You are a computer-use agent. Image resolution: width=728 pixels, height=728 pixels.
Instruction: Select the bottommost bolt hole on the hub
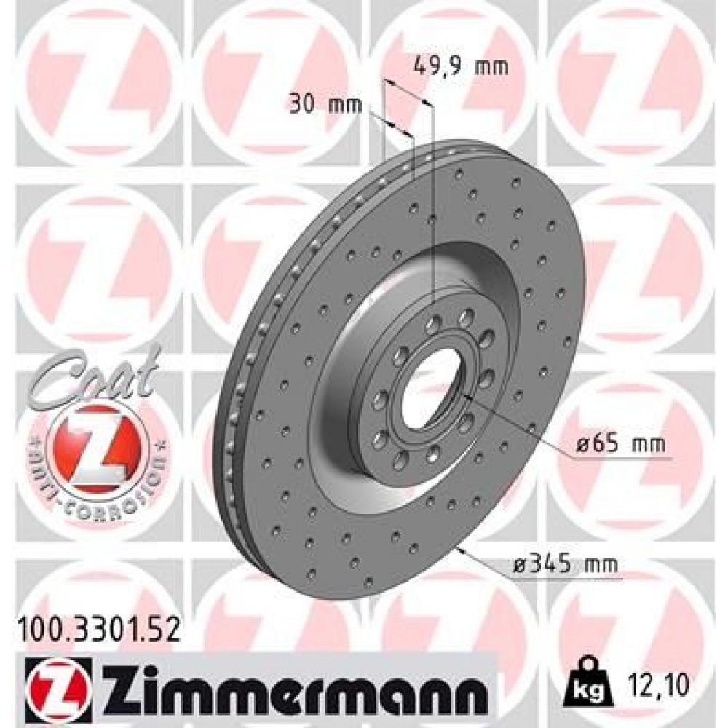[x=400, y=460]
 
